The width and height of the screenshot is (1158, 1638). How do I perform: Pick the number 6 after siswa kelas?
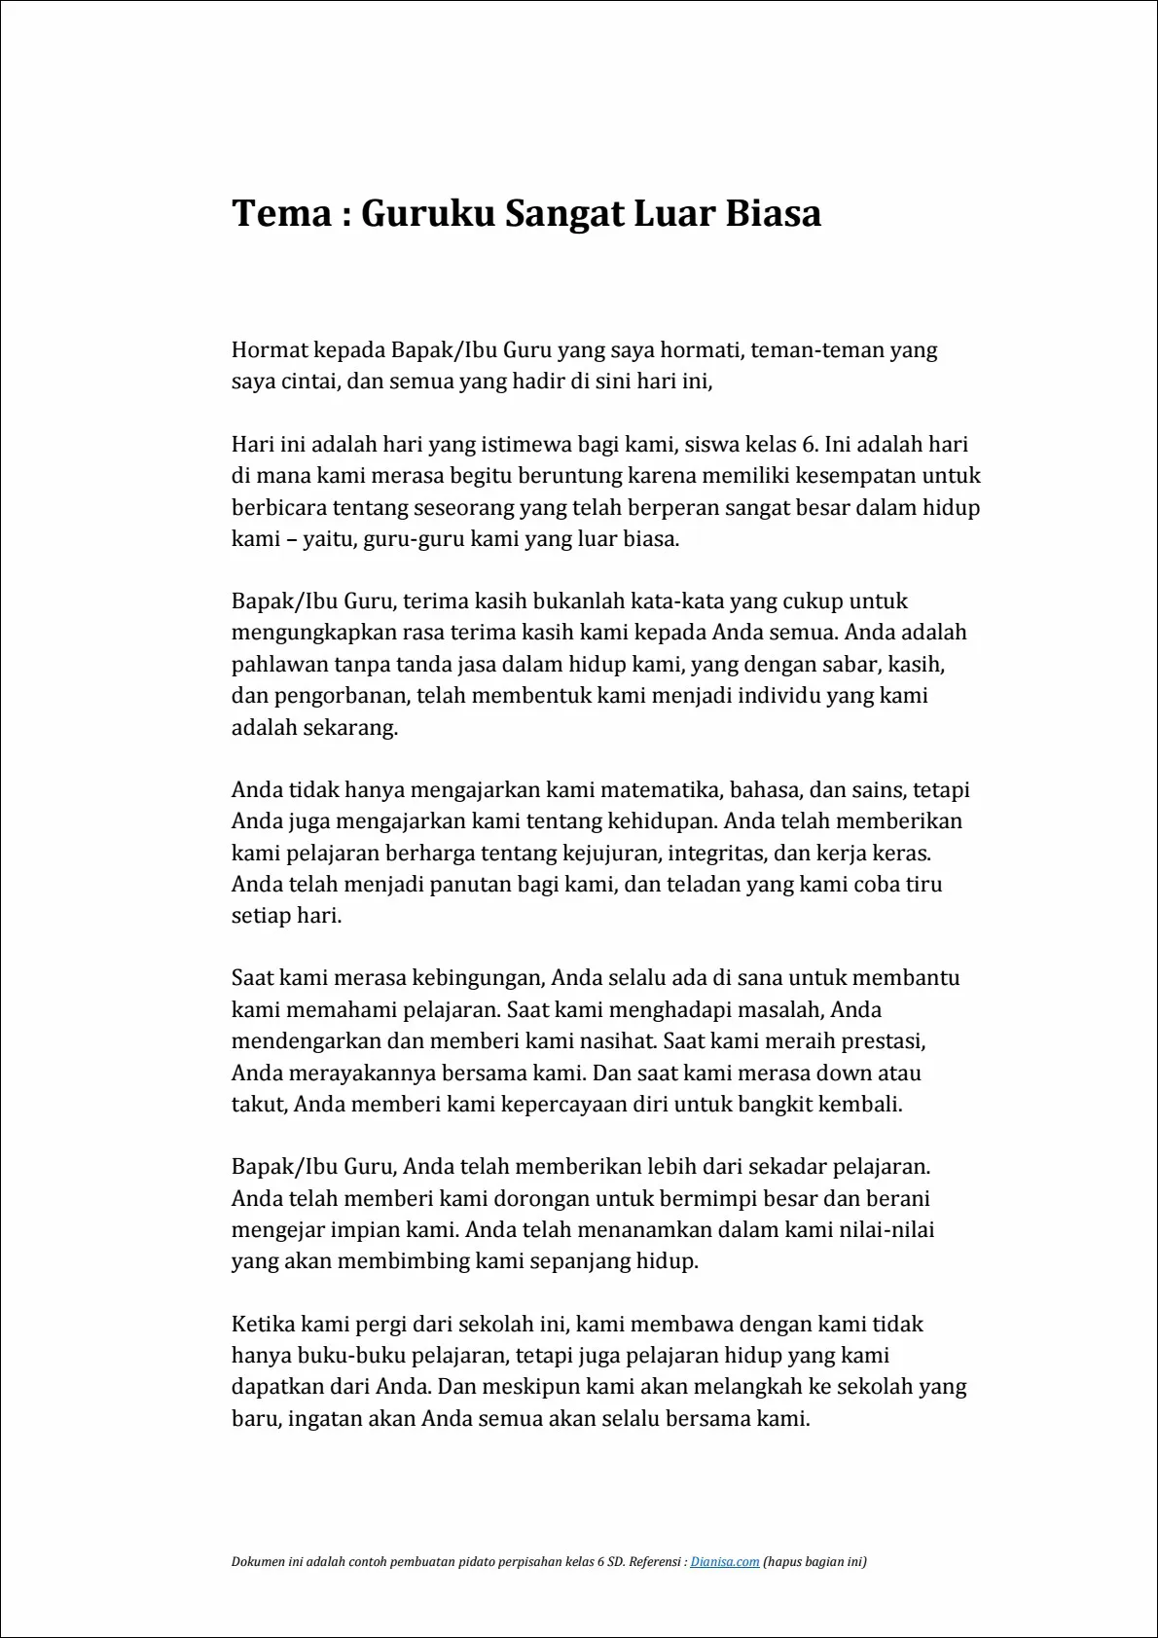808,445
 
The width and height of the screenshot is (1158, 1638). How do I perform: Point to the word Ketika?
263,1324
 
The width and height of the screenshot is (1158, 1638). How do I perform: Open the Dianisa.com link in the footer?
724,1562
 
